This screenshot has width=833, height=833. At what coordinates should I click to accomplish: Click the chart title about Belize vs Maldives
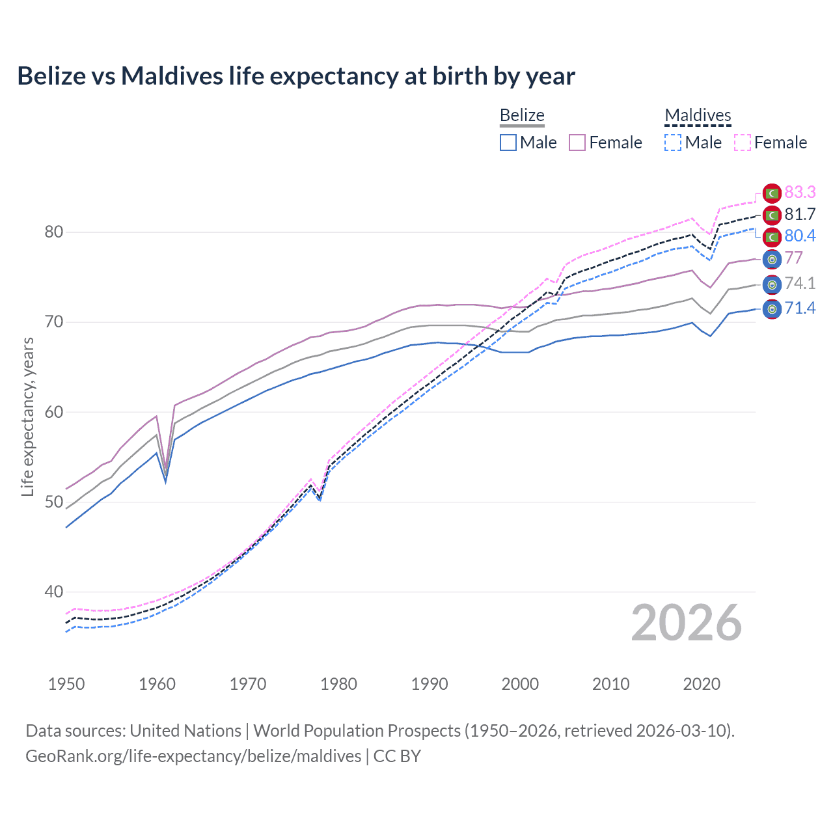pos(296,76)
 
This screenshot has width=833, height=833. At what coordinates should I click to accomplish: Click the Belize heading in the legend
pos(522,115)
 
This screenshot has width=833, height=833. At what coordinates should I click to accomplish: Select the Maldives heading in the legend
pos(698,115)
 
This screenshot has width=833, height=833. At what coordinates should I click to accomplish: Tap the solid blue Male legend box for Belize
pos(508,143)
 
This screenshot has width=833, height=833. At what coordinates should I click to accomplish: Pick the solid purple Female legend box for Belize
pos(577,143)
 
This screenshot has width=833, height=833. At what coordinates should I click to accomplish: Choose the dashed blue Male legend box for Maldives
pos(674,143)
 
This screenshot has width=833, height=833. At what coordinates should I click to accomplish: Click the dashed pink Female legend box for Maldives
pos(743,143)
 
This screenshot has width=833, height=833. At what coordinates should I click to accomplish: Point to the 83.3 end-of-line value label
pos(800,192)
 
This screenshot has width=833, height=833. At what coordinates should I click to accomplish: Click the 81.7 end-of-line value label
pos(800,214)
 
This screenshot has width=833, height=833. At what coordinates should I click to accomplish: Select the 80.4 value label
pos(800,236)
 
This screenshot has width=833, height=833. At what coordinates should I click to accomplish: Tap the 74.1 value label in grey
pos(800,283)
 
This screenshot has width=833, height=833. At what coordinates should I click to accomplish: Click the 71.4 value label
pos(800,308)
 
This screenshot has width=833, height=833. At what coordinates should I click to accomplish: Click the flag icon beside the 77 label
pos(772,258)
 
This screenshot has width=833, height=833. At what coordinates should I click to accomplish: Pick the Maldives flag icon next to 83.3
pos(772,193)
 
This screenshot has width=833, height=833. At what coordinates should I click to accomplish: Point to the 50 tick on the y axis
pos(53,502)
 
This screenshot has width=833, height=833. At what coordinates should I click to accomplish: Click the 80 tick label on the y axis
pos(53,232)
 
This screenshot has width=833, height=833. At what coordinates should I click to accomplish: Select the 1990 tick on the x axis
pos(430,684)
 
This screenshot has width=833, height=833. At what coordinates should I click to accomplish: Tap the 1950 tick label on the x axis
pos(66,684)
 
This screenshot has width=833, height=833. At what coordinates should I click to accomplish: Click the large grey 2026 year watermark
pos(686,623)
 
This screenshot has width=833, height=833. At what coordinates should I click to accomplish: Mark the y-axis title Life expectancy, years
pos(27,416)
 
